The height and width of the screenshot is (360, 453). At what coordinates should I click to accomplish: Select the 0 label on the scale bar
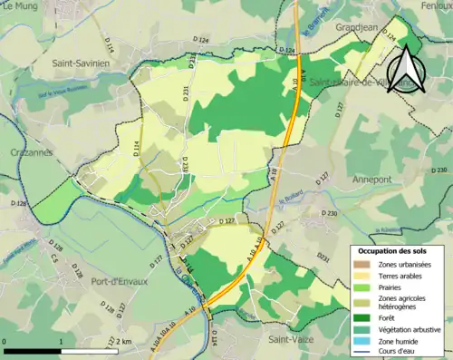click(5, 340)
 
